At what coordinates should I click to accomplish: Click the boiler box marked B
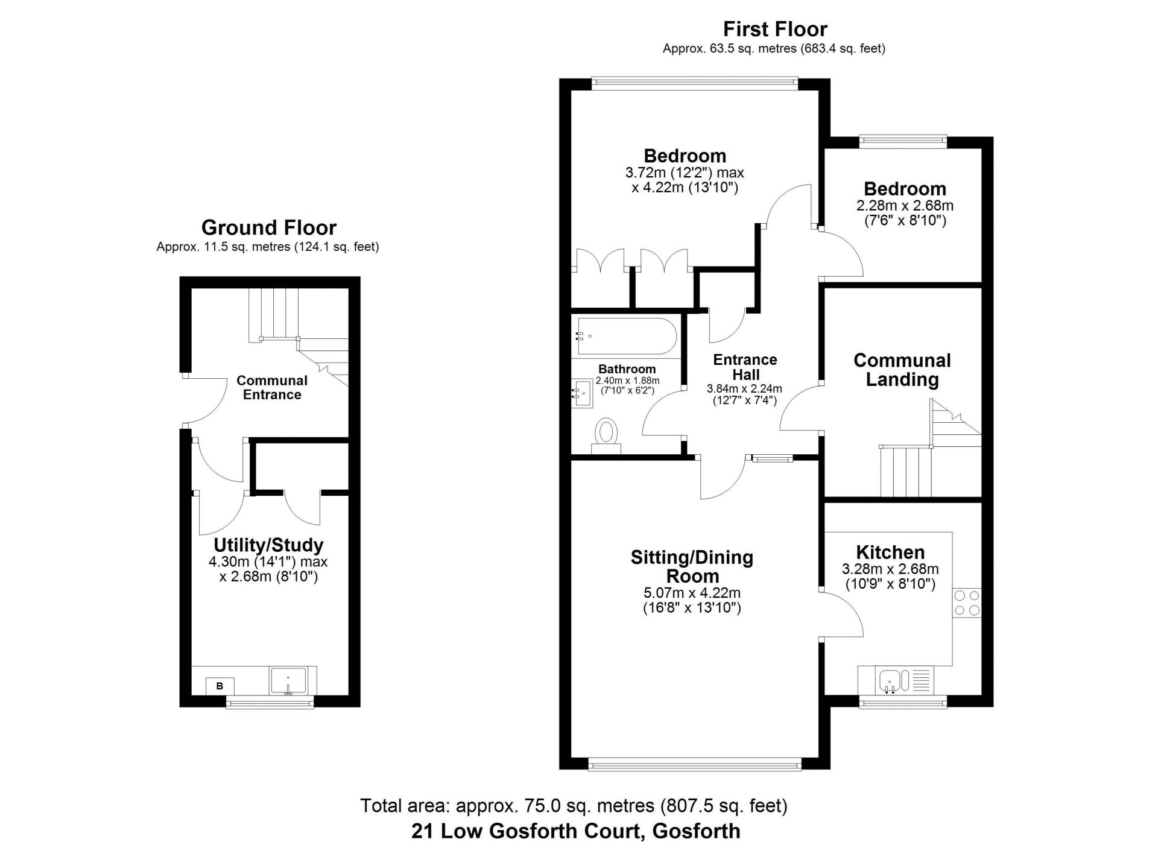tap(220, 686)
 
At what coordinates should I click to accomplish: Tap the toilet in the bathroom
tap(606, 436)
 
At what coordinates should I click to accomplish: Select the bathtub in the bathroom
tap(626, 336)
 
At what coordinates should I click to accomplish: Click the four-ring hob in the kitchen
tap(966, 603)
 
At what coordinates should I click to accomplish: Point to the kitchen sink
tap(895, 680)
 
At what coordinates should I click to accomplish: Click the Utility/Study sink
tap(288, 681)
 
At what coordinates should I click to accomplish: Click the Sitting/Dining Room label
tap(692, 566)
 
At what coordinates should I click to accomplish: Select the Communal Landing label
tap(902, 370)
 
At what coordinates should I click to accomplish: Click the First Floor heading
tap(775, 29)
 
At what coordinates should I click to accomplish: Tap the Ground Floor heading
tap(269, 227)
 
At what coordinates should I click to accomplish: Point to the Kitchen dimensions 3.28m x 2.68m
tap(890, 569)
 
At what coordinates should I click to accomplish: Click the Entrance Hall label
tap(745, 367)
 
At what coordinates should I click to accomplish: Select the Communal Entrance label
tap(272, 387)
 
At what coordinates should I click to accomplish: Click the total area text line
tap(574, 806)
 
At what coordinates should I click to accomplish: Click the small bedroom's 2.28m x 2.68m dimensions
tap(905, 206)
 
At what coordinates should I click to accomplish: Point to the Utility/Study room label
tap(268, 545)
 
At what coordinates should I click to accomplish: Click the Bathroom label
tap(627, 369)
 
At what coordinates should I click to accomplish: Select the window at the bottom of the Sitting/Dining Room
tap(695, 764)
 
